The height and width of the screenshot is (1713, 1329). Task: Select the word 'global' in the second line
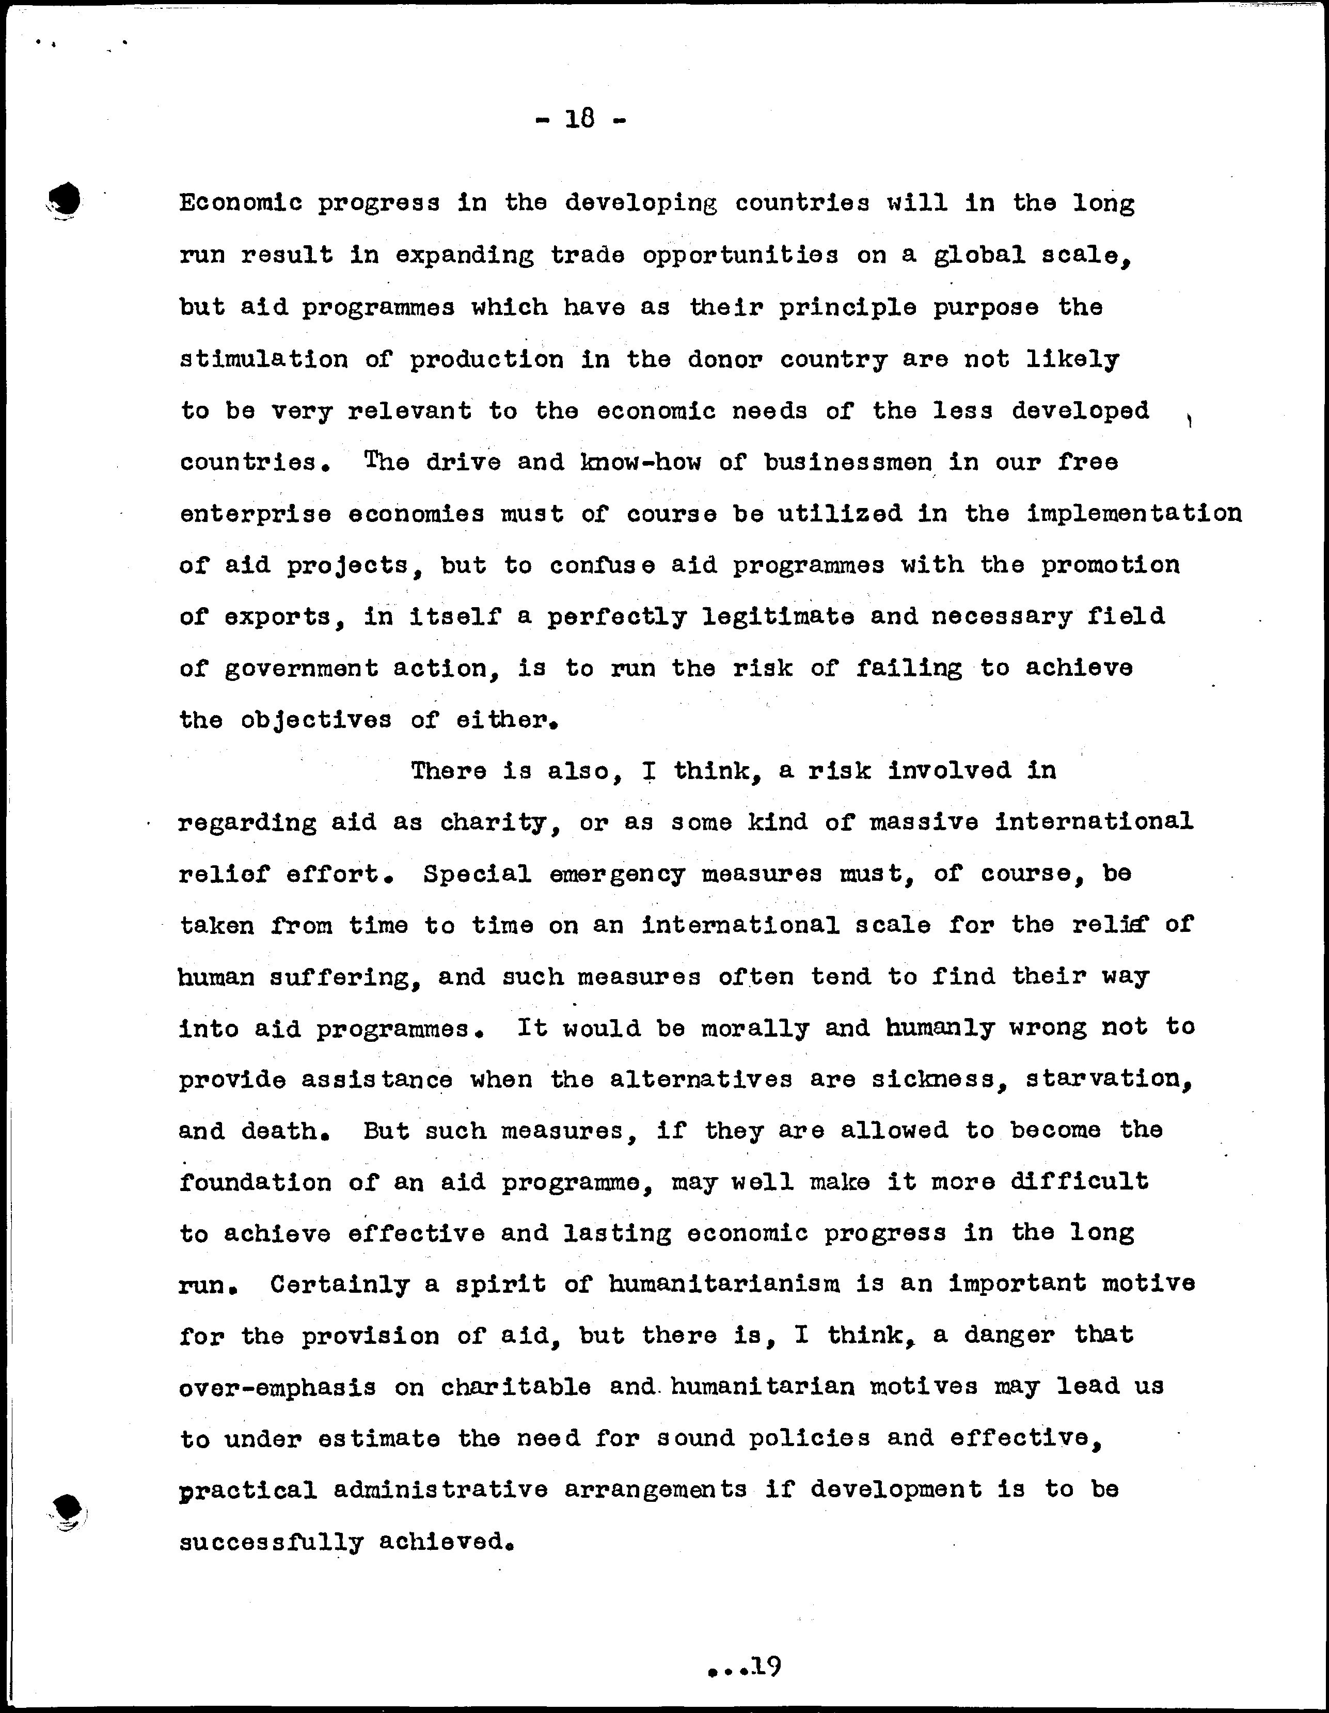[x=979, y=256]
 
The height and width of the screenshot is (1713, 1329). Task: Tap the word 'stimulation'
[x=264, y=359]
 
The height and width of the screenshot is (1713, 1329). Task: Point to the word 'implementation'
[x=1134, y=514]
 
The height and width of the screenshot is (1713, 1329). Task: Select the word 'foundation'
[x=255, y=1182]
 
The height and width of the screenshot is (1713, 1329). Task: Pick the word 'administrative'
[x=440, y=1489]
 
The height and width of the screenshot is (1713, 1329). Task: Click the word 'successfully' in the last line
[x=272, y=1542]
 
